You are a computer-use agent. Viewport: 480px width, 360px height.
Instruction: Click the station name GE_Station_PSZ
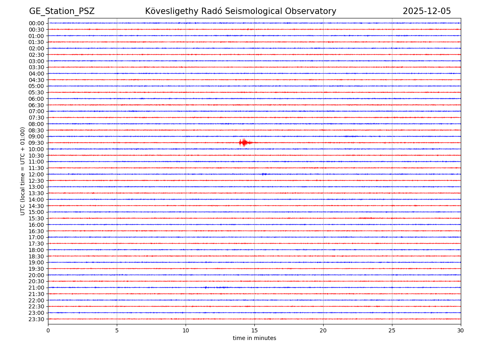(x=62, y=12)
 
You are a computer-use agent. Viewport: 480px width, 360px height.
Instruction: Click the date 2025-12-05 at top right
(x=426, y=12)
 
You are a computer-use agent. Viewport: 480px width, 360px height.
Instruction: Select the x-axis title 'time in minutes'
(x=254, y=338)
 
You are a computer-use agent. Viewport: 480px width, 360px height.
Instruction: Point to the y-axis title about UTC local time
(x=23, y=171)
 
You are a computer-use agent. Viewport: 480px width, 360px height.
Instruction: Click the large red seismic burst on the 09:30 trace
(x=244, y=142)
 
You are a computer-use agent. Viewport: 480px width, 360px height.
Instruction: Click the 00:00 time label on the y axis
(x=36, y=23)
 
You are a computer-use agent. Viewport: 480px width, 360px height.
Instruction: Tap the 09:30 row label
(x=36, y=143)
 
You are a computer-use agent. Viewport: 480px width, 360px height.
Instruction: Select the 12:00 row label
(x=36, y=174)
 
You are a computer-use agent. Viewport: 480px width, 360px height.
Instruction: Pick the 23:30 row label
(x=36, y=319)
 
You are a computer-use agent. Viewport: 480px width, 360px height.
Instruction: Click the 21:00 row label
(x=36, y=288)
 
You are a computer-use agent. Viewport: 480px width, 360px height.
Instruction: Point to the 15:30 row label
(x=36, y=218)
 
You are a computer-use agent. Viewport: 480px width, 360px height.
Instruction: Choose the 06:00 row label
(x=36, y=99)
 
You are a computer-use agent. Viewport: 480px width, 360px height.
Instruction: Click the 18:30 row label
(x=36, y=256)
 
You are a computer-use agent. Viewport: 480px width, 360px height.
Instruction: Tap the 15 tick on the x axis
(x=254, y=330)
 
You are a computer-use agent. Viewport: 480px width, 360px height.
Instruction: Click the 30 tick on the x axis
(x=461, y=330)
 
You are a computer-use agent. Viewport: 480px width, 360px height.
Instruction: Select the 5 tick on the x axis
(x=117, y=330)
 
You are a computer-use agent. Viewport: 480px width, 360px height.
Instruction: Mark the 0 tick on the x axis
(x=48, y=330)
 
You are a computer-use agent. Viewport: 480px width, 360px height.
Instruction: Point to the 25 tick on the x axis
(x=392, y=330)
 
